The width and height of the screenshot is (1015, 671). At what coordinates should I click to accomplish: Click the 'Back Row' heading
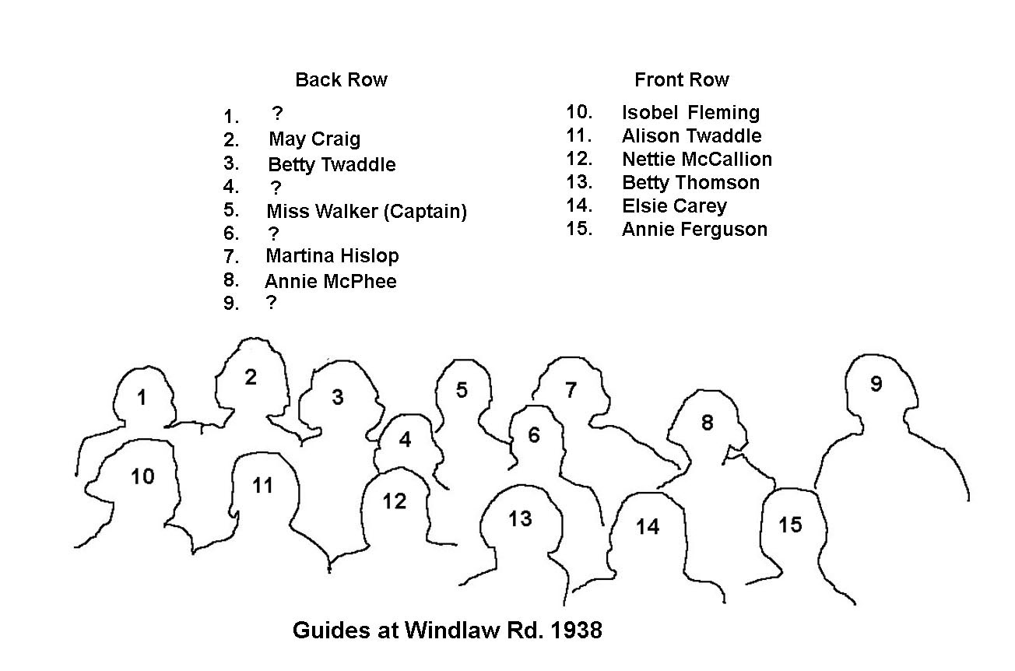pyautogui.click(x=341, y=79)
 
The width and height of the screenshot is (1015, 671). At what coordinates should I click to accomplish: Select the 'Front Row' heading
pyautogui.click(x=682, y=79)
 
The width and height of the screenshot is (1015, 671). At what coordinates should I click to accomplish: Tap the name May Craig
pyautogui.click(x=314, y=139)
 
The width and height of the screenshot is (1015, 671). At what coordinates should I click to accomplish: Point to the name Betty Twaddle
pyautogui.click(x=332, y=164)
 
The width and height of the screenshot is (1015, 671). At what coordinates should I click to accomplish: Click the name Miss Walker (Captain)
pyautogui.click(x=367, y=211)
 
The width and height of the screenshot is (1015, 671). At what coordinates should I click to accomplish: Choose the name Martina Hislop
pyautogui.click(x=332, y=256)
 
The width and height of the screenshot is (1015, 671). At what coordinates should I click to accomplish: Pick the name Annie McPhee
pyautogui.click(x=331, y=281)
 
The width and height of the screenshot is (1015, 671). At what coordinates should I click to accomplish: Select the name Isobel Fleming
pyautogui.click(x=690, y=113)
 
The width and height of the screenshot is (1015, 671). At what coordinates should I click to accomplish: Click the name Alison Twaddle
pyautogui.click(x=691, y=136)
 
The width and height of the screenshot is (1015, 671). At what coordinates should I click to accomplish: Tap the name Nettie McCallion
pyautogui.click(x=697, y=159)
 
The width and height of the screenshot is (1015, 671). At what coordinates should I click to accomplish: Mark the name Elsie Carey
pyautogui.click(x=674, y=206)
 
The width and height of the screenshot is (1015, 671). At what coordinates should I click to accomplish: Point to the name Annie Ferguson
pyautogui.click(x=694, y=230)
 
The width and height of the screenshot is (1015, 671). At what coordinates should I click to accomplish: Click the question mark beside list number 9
pyautogui.click(x=271, y=302)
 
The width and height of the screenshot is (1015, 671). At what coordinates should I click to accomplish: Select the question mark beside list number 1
pyautogui.click(x=277, y=112)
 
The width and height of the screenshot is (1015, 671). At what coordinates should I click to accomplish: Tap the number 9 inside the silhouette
pyautogui.click(x=876, y=384)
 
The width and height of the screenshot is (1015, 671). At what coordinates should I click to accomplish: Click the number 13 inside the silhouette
pyautogui.click(x=520, y=518)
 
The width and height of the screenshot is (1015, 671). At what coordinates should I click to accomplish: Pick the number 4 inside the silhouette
pyautogui.click(x=405, y=440)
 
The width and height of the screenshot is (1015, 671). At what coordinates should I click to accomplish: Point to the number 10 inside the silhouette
pyautogui.click(x=142, y=476)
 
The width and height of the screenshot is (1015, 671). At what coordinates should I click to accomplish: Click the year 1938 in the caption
pyautogui.click(x=577, y=631)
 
